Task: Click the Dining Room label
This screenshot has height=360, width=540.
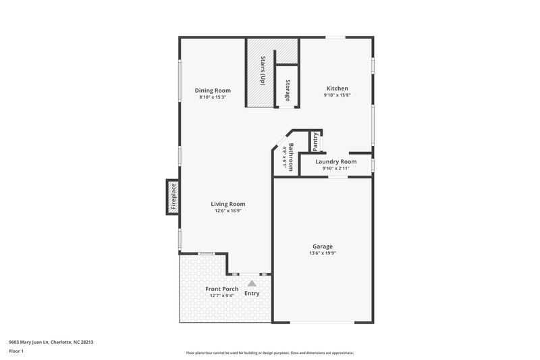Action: point(213,91)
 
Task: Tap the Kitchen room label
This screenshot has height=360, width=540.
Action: point(337,88)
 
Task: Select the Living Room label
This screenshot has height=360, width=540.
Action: point(227,204)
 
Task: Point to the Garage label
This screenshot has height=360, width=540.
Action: point(322,247)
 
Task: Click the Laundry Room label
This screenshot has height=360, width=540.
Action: point(335,162)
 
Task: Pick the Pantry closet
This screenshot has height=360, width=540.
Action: point(315,141)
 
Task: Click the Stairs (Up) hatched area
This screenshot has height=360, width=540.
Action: point(260,70)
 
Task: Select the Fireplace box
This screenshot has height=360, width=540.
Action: point(173,197)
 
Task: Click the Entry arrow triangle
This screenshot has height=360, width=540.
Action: point(252,284)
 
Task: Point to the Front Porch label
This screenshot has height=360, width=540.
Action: point(221,289)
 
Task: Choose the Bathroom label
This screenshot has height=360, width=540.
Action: point(291,157)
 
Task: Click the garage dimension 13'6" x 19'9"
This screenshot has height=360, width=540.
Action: point(322,254)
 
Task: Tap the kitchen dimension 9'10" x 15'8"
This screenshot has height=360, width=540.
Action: point(337,96)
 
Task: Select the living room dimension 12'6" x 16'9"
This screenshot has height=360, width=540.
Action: point(227,211)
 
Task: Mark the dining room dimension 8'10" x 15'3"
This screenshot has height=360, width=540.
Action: point(213,97)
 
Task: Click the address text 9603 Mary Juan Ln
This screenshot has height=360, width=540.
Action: point(51,342)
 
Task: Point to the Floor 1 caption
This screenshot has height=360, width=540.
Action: point(16,351)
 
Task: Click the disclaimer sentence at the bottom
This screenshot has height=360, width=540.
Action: point(269,353)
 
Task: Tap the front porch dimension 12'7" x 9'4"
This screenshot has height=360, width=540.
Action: point(221,296)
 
